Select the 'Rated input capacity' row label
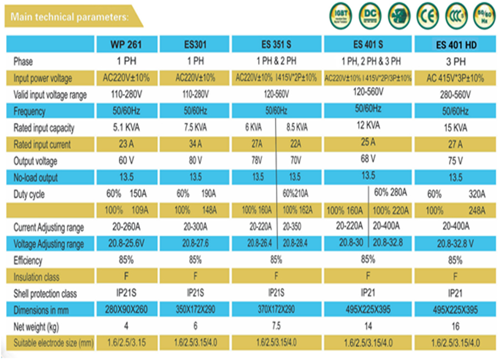coord(44,128)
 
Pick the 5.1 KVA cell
coord(127,128)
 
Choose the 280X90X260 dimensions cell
coord(127,310)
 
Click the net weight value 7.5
coord(276,326)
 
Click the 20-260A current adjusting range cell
coord(127,227)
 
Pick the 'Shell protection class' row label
coord(45,294)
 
